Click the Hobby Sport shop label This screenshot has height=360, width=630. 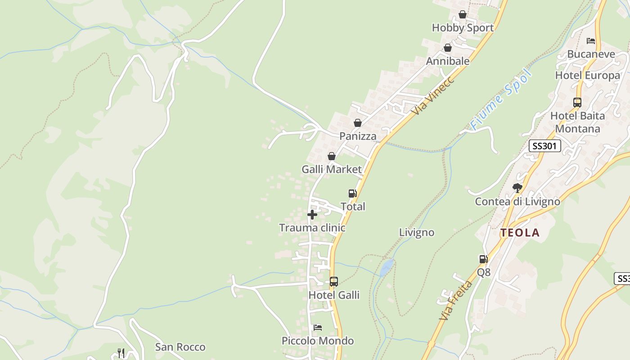tap(463, 27)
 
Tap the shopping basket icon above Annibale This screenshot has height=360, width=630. tap(448, 48)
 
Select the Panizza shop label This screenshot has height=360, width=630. tap(358, 136)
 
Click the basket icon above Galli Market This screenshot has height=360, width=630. tap(332, 156)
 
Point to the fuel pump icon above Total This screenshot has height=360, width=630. tap(352, 193)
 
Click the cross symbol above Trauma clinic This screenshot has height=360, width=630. tap(312, 215)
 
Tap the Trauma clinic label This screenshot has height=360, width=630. tap(312, 228)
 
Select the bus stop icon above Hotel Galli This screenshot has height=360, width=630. tap(333, 282)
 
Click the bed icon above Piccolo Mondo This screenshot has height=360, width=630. tap(318, 327)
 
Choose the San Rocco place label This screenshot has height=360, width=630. tap(180, 347)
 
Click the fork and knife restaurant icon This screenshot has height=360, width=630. tap(121, 353)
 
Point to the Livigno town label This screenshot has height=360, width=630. tap(417, 232)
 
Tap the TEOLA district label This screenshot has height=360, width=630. tap(520, 233)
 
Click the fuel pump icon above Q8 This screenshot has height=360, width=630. tap(483, 259)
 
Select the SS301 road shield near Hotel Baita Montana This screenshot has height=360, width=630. tap(544, 146)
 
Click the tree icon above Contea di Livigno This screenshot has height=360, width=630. tap(517, 188)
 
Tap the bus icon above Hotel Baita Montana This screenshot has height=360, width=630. tap(577, 102)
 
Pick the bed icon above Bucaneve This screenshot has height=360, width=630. tap(591, 41)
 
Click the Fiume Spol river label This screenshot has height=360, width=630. tap(501, 99)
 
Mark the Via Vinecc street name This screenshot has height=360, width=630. tap(433, 95)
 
